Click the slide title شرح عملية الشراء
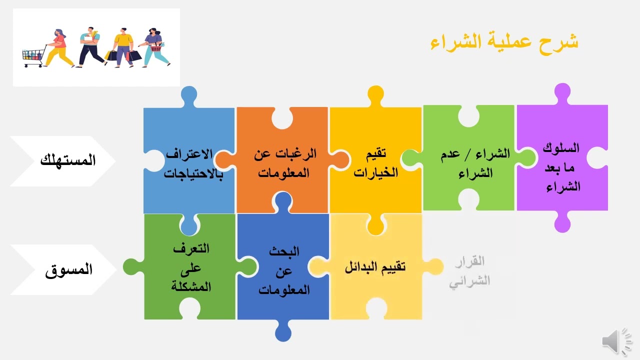pos(504,42)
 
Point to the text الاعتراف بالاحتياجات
pos(194,163)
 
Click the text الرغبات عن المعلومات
pos(284,163)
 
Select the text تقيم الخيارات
pos(376,163)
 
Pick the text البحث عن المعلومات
pos(284,270)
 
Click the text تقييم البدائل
pos(375,266)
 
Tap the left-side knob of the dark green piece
pos(132,266)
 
